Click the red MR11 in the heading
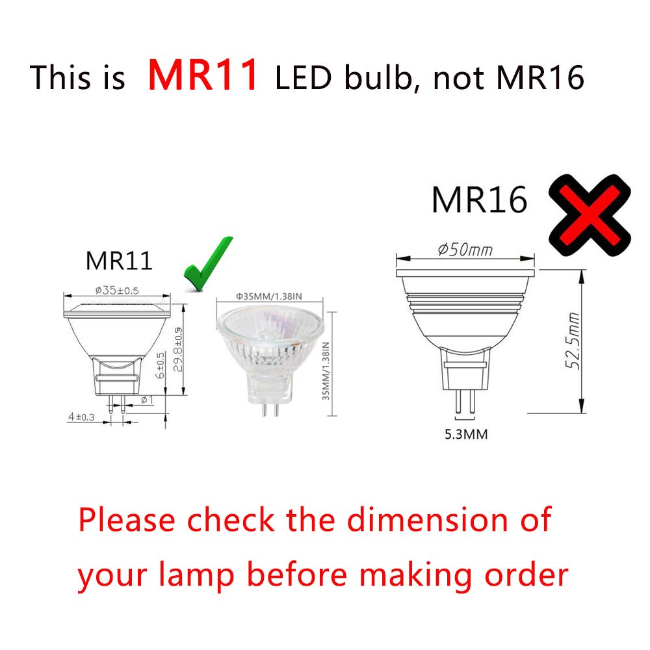[x=204, y=75]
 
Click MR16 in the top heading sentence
[x=539, y=79]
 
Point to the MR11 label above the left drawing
[x=119, y=261]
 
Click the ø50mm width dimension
[x=465, y=250]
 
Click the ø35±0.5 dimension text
[x=116, y=290]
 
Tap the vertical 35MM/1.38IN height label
[x=326, y=364]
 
